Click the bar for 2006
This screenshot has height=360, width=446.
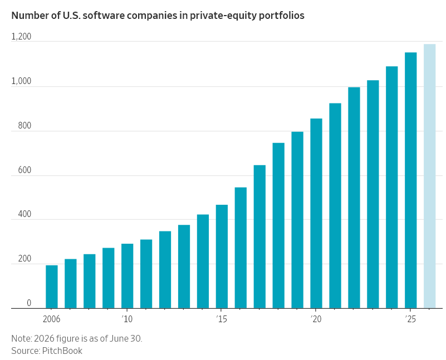pyautogui.click(x=51, y=287)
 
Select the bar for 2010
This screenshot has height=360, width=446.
pyautogui.click(x=127, y=276)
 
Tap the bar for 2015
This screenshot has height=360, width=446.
pyautogui.click(x=222, y=257)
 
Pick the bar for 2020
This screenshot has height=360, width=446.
pyautogui.click(x=316, y=214)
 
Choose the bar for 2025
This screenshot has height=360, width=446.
pyautogui.click(x=410, y=180)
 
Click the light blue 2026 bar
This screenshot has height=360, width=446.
pyautogui.click(x=429, y=176)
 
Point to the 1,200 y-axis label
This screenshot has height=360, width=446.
pyautogui.click(x=21, y=37)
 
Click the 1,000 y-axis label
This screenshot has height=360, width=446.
pyautogui.click(x=21, y=81)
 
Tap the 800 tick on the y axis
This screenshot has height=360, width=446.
pyautogui.click(x=24, y=126)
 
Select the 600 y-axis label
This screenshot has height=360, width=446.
pyautogui.click(x=24, y=170)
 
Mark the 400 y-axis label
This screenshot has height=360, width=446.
pyautogui.click(x=24, y=214)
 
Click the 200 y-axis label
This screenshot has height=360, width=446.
pyautogui.click(x=24, y=259)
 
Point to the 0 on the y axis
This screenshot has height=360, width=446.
pyautogui.click(x=29, y=303)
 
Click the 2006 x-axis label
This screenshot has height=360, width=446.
pyautogui.click(x=51, y=319)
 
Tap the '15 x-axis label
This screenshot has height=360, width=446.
pyautogui.click(x=222, y=319)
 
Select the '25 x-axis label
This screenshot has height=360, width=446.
pyautogui.click(x=410, y=319)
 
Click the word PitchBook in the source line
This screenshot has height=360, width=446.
pyautogui.click(x=62, y=351)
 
